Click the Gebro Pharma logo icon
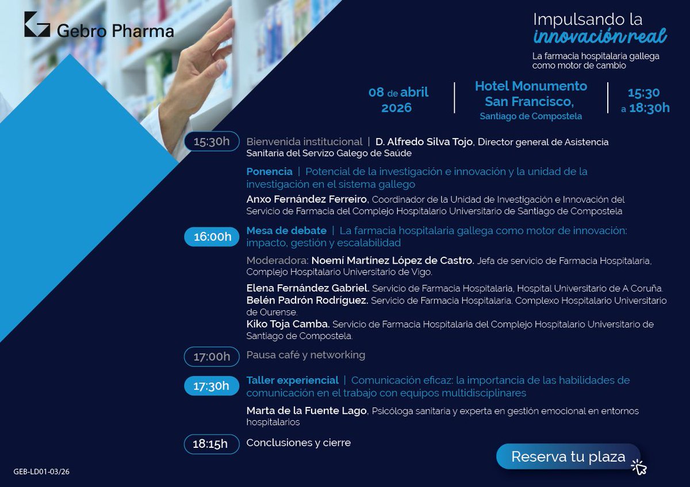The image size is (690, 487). pyautogui.click(x=37, y=24)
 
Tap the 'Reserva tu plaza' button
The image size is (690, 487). pyautogui.click(x=568, y=457)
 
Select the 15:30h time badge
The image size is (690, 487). pyautogui.click(x=211, y=142)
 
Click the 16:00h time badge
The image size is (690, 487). pyautogui.click(x=212, y=237)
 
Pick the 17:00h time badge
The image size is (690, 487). pyautogui.click(x=211, y=356)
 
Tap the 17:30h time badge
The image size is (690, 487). pyautogui.click(x=211, y=386)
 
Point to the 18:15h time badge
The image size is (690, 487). pyautogui.click(x=211, y=444)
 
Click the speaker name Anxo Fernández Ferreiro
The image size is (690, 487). pyautogui.click(x=307, y=199)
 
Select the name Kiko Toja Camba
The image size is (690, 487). pyautogui.click(x=287, y=324)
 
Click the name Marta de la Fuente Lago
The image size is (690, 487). pyautogui.click(x=306, y=410)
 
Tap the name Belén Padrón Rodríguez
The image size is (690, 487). pyautogui.click(x=307, y=300)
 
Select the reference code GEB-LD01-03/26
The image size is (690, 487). pyautogui.click(x=41, y=472)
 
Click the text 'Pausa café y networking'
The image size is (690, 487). pyautogui.click(x=305, y=355)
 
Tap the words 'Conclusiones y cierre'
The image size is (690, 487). pyautogui.click(x=298, y=443)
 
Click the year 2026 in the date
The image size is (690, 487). pyautogui.click(x=397, y=108)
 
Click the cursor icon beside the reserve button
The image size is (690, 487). pyautogui.click(x=638, y=467)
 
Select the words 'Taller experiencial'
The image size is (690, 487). pyautogui.click(x=292, y=380)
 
